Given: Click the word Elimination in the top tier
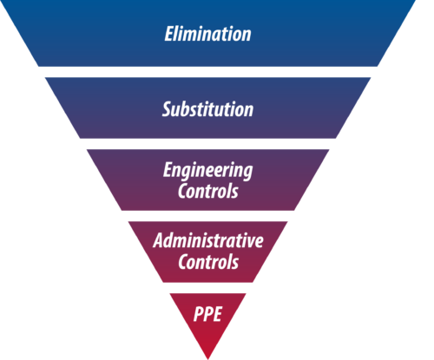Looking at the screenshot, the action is click(x=207, y=34).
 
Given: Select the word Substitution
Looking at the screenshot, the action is click(x=207, y=109).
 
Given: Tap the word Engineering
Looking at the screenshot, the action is click(x=207, y=171).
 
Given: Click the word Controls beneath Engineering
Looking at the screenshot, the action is click(x=208, y=191).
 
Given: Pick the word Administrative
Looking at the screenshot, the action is click(x=208, y=240).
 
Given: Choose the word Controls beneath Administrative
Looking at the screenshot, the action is click(x=208, y=261).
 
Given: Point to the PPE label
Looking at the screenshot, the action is click(x=207, y=314).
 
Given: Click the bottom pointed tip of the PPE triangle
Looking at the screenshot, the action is click(x=208, y=359).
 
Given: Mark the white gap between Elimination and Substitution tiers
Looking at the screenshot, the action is click(x=207, y=72).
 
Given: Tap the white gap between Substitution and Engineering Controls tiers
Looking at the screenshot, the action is click(x=207, y=144).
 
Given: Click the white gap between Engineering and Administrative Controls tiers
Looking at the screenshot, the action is click(x=207, y=216).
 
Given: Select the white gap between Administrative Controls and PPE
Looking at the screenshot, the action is click(x=207, y=288).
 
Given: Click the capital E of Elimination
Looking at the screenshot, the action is click(x=169, y=34).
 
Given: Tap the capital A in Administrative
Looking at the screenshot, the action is click(x=159, y=240).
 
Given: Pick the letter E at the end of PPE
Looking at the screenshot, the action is click(x=217, y=314).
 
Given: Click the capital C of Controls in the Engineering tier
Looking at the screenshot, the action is click(x=183, y=191).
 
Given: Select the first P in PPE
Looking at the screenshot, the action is click(x=198, y=314).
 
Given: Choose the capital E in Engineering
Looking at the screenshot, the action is click(x=168, y=169).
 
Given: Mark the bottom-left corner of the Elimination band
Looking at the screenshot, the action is click(x=39, y=67).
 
